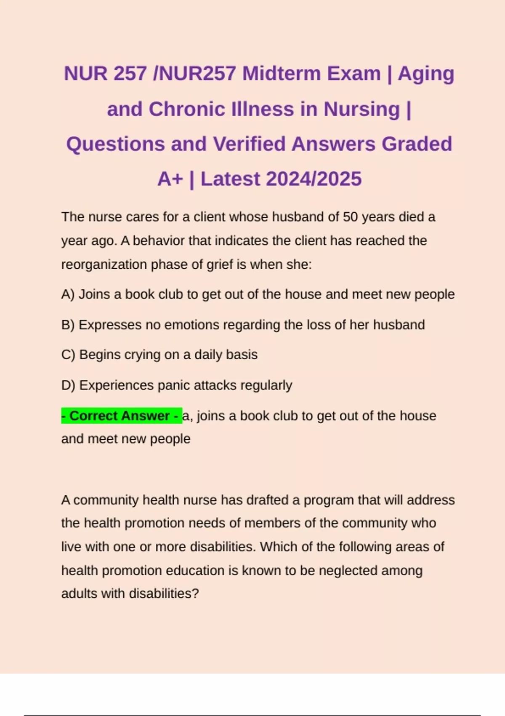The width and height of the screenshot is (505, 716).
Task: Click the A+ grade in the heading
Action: [x=170, y=179]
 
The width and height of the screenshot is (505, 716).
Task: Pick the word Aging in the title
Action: [x=426, y=74]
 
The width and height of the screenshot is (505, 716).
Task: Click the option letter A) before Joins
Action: [x=68, y=294]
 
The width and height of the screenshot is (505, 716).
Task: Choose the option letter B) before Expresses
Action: [x=68, y=325]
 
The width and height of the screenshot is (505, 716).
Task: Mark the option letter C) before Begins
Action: [x=68, y=355]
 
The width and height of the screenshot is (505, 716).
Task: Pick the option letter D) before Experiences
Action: [x=68, y=385]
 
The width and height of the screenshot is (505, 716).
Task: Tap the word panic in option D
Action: [x=174, y=385]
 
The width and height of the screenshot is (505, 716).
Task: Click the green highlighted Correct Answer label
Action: [x=122, y=416]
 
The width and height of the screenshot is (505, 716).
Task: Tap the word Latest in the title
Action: [x=230, y=179]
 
